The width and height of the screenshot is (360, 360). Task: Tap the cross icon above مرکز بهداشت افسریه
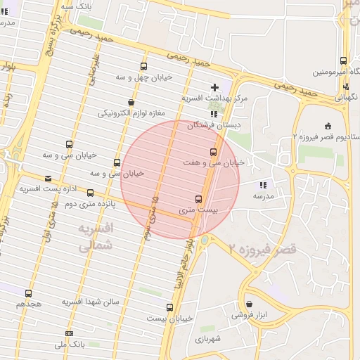[x=214, y=87]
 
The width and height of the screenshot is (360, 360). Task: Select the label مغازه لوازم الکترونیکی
[x=131, y=113]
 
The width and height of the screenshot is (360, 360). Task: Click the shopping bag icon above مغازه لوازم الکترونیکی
[x=131, y=103]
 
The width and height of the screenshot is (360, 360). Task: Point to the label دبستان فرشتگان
[x=214, y=124]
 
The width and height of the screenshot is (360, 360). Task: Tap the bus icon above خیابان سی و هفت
[x=213, y=152]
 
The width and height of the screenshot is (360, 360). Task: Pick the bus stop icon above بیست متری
[x=198, y=199]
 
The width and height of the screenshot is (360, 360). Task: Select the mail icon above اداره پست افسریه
[x=48, y=179]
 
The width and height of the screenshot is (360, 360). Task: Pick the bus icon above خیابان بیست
[x=169, y=307]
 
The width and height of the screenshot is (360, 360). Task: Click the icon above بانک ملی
[x=69, y=333]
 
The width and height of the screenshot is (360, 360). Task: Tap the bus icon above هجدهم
[x=29, y=293]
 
